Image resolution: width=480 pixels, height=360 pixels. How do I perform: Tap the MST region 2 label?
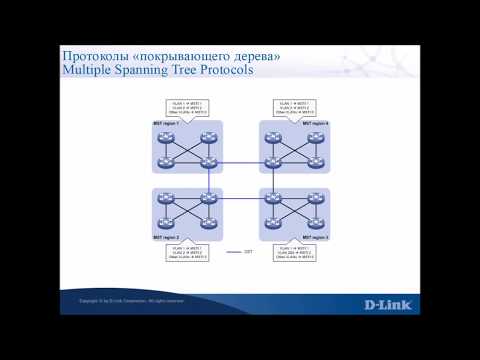coord(166,236)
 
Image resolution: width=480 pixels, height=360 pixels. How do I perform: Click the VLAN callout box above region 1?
coord(186,107)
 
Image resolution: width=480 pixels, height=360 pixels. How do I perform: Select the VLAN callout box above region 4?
coord(296,107)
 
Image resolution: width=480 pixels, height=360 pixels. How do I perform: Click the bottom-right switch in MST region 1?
coord(208,162)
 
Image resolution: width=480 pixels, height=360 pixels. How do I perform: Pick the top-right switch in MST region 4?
coord(316,137)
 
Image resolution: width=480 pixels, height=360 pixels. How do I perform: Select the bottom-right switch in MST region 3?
coord(316,221)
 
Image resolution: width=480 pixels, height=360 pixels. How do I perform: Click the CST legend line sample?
coord(234,251)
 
